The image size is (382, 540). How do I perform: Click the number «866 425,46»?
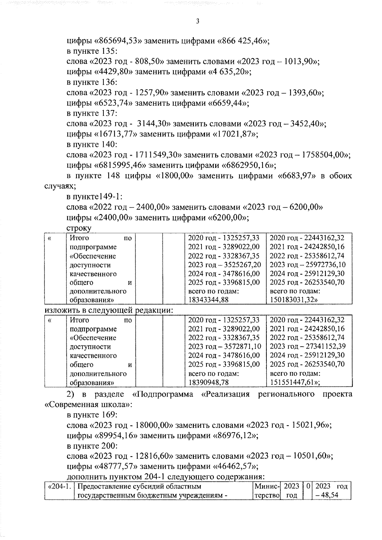[243, 41]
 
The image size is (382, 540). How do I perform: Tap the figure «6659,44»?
[228, 103]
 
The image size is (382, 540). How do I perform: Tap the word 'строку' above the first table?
[79, 228]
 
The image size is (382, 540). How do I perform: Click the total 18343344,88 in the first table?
[208, 300]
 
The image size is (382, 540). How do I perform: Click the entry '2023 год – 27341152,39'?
[308, 346]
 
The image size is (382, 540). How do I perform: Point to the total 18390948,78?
[208, 382]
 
